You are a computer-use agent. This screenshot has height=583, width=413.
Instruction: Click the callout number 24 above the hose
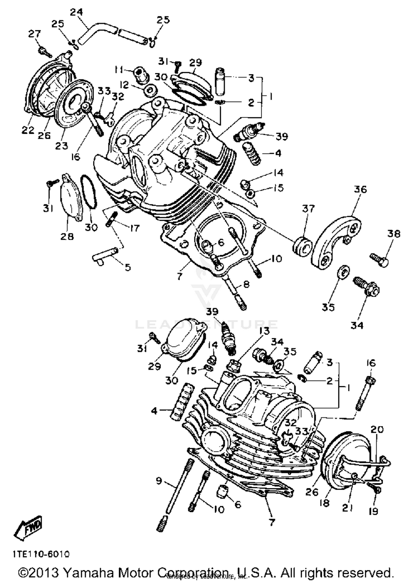point(76,12)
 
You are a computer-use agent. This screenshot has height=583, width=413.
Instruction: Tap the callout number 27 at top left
point(35,34)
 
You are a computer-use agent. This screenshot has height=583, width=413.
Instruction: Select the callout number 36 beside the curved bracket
point(360,189)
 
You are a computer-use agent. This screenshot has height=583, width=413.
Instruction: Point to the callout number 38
point(394,234)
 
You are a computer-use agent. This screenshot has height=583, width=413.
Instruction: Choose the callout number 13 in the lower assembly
point(264,331)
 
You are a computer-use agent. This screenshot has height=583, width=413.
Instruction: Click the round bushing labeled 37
point(302,247)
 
